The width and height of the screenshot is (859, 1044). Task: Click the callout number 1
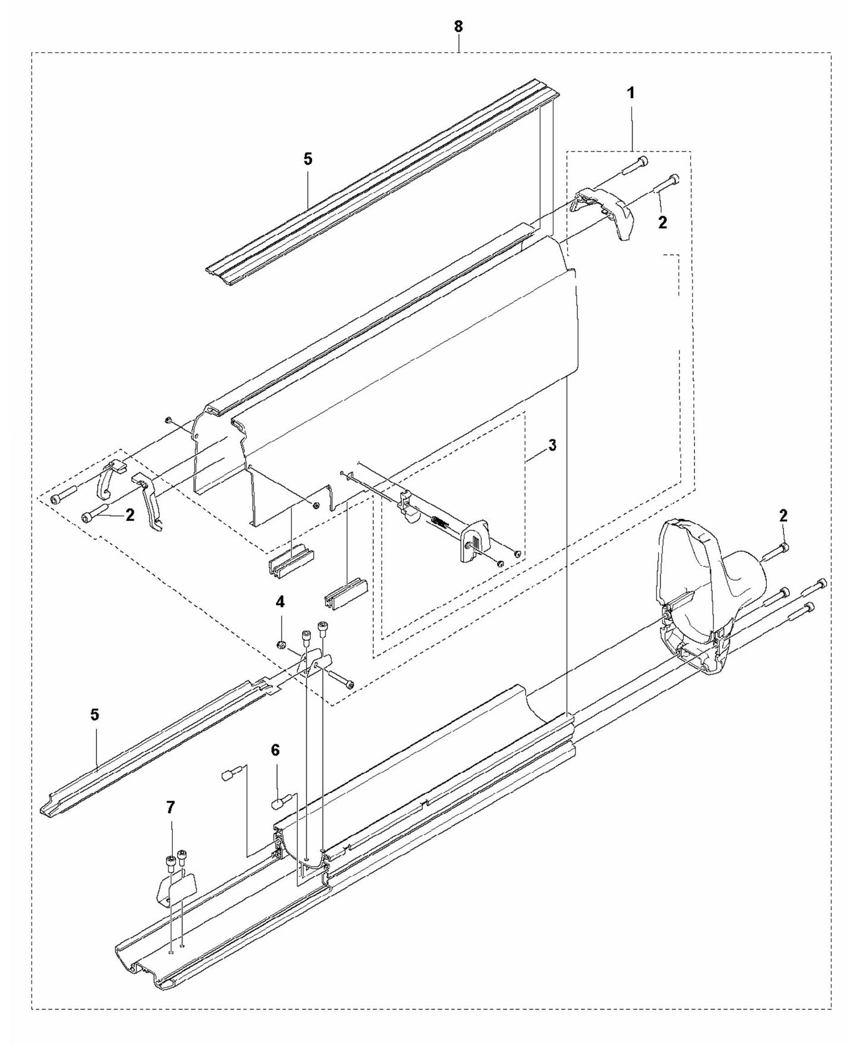click(x=631, y=93)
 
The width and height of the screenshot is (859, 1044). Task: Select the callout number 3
click(x=552, y=445)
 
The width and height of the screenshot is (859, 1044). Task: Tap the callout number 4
click(x=279, y=602)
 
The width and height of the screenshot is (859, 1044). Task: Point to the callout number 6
click(x=275, y=751)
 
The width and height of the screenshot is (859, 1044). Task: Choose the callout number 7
click(x=171, y=807)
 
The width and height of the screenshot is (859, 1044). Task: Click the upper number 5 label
click(x=307, y=159)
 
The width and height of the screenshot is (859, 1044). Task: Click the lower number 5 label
click(x=95, y=715)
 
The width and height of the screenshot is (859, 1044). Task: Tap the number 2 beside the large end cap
click(x=783, y=516)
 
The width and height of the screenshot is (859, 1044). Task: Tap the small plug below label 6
click(x=278, y=803)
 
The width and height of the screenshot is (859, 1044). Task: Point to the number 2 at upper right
click(x=662, y=222)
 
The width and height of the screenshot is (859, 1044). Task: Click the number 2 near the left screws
click(x=130, y=515)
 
